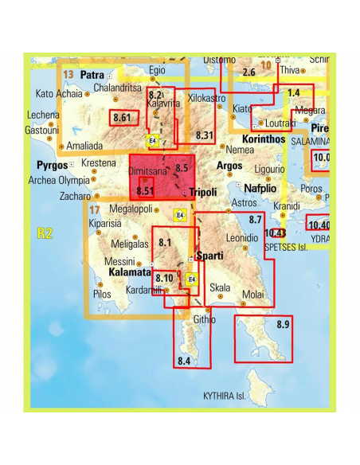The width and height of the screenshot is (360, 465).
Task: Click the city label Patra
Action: pos(92,76)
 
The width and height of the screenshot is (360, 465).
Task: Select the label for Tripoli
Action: pos(203,193)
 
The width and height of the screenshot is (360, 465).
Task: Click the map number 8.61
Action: pos(123,118)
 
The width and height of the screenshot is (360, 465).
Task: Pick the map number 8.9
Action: pos(283,324)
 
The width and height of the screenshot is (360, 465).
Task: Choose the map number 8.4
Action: pos(184,361)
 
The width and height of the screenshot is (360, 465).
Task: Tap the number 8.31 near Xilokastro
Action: pos(205,135)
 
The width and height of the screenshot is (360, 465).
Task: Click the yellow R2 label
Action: pos(45,233)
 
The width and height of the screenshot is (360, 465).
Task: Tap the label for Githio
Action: pos(204,318)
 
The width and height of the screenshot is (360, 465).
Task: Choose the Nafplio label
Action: pos(260,188)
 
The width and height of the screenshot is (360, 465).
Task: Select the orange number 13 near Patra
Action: pos(68,74)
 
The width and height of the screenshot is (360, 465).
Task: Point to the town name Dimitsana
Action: pos(147,170)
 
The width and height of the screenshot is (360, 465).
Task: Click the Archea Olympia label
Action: pos(58,180)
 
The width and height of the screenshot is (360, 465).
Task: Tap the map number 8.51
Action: pos(145,190)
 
